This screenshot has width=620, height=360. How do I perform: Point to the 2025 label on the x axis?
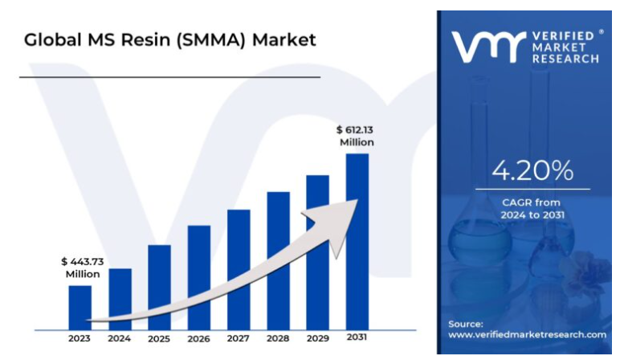pos(159,338)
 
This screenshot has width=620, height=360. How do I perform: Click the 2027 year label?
pos(239,338)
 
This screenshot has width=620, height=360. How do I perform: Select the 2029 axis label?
pos(318,338)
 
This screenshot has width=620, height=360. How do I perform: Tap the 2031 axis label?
pos(357,337)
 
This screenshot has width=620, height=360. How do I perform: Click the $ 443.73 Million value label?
pos(83,268)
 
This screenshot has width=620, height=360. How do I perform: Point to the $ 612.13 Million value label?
pos(356,135)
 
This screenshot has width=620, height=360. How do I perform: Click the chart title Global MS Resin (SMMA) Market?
pos(169,39)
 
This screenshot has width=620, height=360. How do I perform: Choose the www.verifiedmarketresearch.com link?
pos(527,333)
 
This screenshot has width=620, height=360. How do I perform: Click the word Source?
pos(466,323)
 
